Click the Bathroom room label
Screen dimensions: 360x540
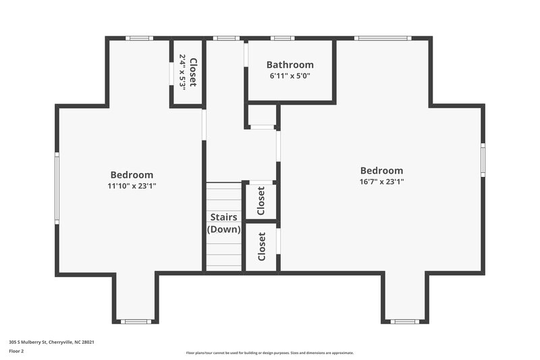(290, 65)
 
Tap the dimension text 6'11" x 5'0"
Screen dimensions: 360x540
(290, 76)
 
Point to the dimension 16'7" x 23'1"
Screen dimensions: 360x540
(381, 182)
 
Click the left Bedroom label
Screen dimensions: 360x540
(132, 174)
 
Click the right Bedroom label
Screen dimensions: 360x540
(381, 171)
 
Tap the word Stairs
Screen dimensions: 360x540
(223, 217)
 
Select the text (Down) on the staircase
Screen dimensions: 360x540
(223, 229)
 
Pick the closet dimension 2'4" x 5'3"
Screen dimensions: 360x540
(182, 72)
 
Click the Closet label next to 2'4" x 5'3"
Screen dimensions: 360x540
(192, 72)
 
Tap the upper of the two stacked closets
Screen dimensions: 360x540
(261, 201)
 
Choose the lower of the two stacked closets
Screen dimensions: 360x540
(261, 247)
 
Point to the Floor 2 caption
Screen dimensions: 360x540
(16, 351)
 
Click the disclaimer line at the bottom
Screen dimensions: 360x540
(269, 353)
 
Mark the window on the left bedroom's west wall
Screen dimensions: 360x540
(57, 188)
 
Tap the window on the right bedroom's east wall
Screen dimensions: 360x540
(483, 159)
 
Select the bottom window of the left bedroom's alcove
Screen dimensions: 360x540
(135, 322)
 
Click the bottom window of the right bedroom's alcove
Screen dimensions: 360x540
(405, 322)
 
